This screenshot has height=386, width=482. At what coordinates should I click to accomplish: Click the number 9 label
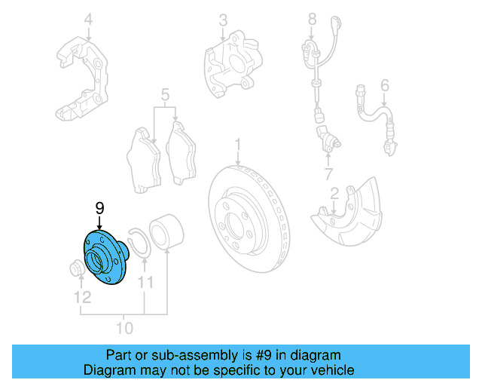99,207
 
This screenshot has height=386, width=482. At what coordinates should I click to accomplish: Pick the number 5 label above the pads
164,96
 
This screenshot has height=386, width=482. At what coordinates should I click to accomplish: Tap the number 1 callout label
236,143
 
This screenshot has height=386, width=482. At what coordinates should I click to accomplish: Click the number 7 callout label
329,175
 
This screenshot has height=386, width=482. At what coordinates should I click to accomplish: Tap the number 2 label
334,195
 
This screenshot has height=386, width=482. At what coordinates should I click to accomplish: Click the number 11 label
145,283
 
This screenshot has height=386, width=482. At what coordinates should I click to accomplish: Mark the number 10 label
124,328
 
